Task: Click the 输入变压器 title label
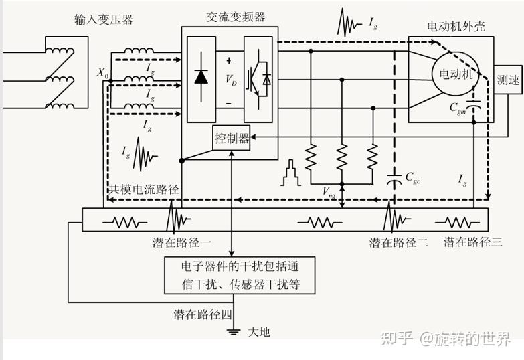point(104,20)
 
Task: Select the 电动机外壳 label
point(456,27)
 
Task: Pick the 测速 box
point(508,80)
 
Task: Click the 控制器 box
point(232,139)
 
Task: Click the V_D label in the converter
point(230,80)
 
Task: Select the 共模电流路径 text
point(145,189)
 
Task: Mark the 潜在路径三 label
point(473,242)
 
